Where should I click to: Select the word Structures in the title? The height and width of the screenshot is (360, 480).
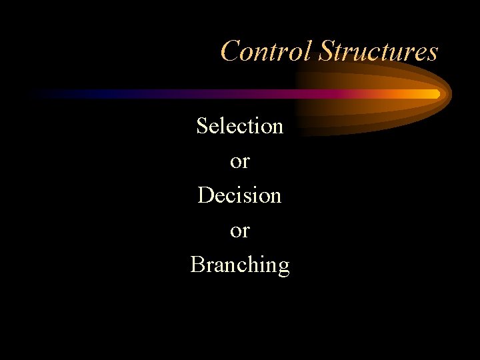378,51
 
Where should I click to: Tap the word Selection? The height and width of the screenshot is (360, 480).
239,125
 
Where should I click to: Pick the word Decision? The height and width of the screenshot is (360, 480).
239,195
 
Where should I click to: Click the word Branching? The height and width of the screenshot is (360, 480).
239,265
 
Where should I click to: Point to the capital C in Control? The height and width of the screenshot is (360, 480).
231,51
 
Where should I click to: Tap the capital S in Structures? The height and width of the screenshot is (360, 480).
326,51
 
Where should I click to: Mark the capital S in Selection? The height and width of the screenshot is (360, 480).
202,125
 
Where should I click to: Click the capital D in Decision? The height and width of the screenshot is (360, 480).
205,195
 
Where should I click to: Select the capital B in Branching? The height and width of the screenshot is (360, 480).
197,265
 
